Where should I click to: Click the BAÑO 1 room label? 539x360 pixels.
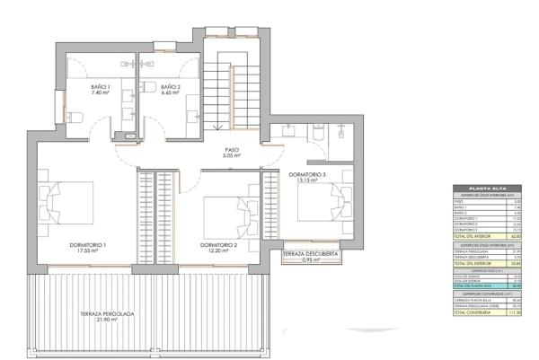point(100,89)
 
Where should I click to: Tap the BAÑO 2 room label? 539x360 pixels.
point(172,89)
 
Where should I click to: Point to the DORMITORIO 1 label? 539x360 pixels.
point(88,248)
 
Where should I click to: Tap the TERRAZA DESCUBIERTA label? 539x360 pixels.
point(310,257)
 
